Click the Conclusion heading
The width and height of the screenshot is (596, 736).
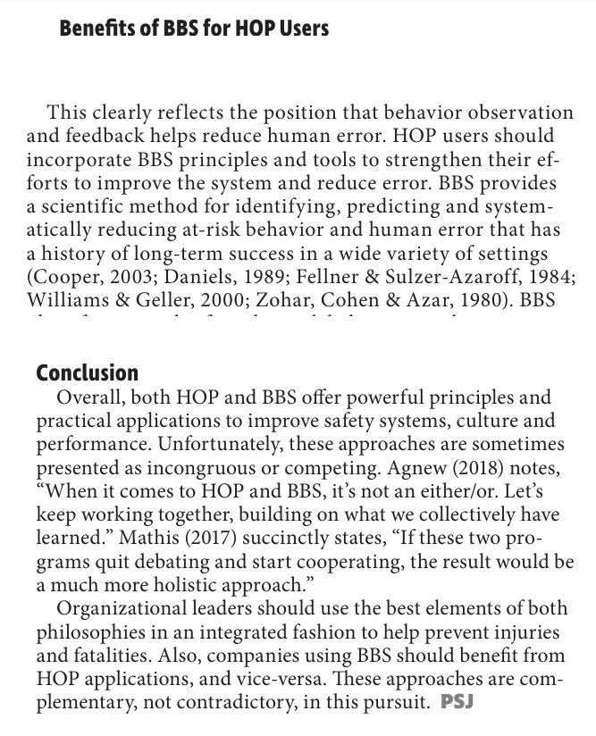tap(88, 372)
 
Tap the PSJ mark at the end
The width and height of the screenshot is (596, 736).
tap(457, 701)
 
